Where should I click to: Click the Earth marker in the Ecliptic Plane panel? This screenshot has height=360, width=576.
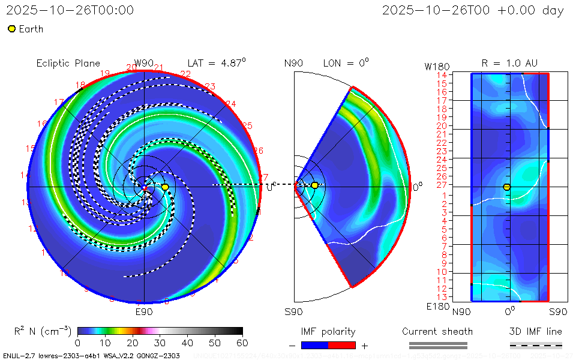pos(165,187)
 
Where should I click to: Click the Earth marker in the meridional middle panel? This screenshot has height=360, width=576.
pos(314,185)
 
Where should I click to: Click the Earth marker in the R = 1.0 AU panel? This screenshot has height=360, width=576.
pos(507,187)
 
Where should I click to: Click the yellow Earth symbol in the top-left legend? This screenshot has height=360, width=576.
pos(11,29)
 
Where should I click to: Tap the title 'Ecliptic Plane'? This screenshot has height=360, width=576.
pos(68,64)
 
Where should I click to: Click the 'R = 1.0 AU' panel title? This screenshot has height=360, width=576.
pos(509,63)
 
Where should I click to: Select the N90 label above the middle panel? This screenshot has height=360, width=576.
pos(293,64)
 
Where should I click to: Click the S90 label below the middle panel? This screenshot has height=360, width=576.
pos(293,311)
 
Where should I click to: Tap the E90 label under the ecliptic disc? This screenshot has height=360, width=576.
pos(144,311)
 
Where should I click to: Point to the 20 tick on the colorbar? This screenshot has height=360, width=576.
pos(133,343)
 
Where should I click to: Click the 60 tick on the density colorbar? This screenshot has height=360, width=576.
pos(242,343)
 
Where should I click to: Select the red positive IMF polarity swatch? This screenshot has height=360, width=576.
pos(342,345)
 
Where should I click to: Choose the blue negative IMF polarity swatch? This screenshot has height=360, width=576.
pos(314,345)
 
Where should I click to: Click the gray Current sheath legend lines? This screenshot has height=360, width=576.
pos(438,345)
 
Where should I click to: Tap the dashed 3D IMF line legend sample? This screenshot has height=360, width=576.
pos(536,345)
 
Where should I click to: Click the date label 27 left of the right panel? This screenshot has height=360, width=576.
pos(441,186)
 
